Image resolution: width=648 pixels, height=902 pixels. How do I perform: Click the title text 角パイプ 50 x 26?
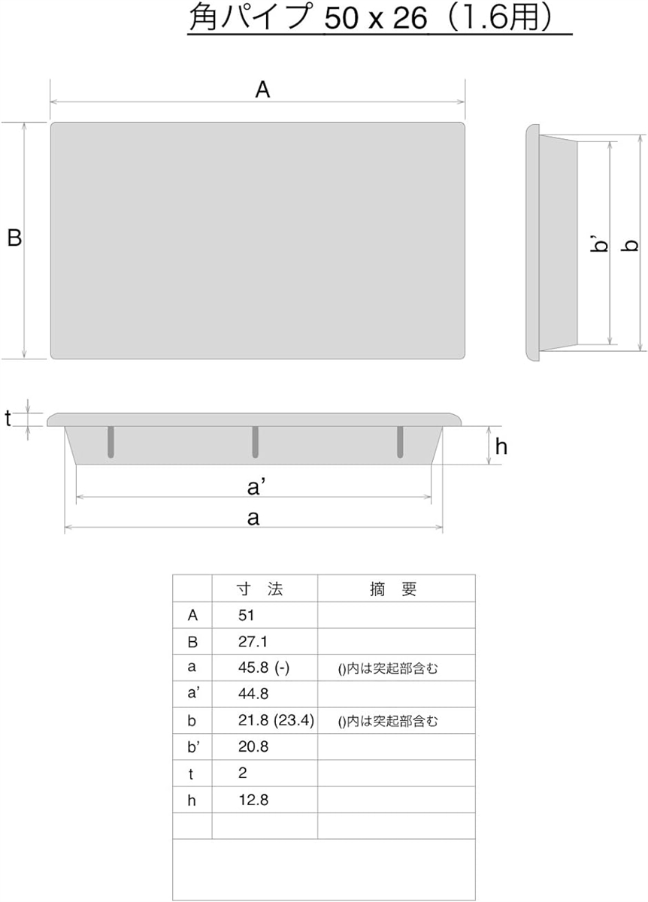(308, 18)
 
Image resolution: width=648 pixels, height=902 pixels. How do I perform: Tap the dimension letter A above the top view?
(262, 89)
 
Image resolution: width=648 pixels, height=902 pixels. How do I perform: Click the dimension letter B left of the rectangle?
(14, 238)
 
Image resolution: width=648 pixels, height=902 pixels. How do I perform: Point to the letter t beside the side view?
(8, 419)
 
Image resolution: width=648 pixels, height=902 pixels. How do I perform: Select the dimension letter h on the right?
(501, 446)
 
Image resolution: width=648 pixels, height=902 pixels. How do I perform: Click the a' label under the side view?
(255, 487)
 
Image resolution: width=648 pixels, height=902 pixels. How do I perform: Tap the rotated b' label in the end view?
(601, 244)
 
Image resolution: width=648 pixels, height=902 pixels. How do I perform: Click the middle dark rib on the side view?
(255, 442)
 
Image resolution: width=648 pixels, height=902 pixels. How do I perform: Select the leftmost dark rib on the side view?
(111, 442)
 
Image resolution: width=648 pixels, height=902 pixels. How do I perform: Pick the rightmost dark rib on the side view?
(400, 442)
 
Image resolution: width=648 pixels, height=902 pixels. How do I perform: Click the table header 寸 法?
(260, 589)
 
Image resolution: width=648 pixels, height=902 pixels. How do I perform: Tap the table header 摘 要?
(392, 589)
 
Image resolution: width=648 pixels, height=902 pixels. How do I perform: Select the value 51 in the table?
(246, 615)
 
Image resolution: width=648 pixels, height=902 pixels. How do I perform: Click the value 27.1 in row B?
(253, 641)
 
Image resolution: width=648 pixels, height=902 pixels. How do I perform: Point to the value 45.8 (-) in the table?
(264, 667)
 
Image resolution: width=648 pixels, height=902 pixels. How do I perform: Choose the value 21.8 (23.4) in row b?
(276, 720)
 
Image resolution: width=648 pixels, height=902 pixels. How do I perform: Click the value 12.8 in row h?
(253, 800)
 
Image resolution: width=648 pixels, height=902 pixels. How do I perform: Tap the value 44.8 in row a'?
(253, 694)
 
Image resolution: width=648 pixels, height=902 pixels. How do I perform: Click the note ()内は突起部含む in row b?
(387, 721)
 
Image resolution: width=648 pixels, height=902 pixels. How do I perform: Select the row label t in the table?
(191, 773)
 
